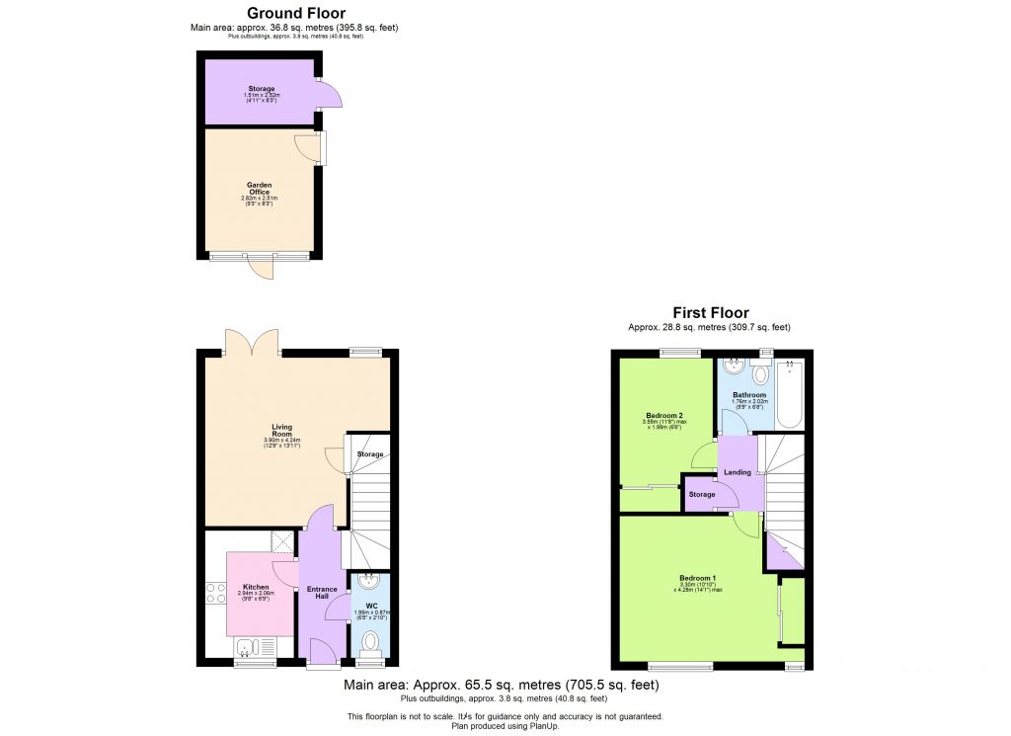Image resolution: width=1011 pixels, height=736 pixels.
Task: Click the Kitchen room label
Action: [x=256, y=587]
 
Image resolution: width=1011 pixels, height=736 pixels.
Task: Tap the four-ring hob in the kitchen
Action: [x=214, y=593]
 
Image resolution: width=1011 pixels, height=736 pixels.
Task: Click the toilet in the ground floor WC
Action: [x=370, y=643]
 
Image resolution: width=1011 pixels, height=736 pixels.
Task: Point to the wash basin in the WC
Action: [x=370, y=582]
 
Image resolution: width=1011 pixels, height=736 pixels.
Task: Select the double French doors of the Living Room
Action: [x=252, y=342]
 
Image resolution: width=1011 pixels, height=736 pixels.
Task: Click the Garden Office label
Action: [x=259, y=188]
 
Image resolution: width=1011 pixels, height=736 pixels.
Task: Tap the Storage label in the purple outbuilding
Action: [x=261, y=89]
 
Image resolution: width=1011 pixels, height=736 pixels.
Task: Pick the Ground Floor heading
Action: [x=294, y=13]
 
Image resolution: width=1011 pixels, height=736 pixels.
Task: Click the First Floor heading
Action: [x=710, y=313]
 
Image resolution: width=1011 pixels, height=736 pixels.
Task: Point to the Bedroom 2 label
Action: [x=664, y=415]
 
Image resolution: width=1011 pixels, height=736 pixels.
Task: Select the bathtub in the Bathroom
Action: [x=791, y=395]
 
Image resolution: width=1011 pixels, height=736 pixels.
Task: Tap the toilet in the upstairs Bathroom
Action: [x=759, y=373]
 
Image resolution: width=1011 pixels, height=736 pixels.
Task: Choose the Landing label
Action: [x=738, y=472]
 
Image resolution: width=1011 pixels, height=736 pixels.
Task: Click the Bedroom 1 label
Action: [x=697, y=578]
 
